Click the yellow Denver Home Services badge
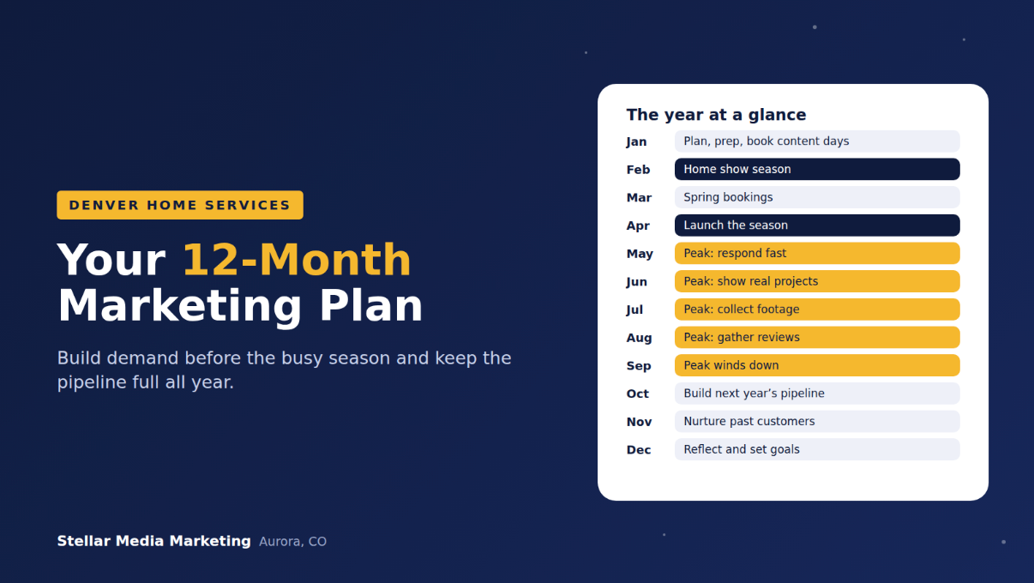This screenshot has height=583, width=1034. click(x=180, y=205)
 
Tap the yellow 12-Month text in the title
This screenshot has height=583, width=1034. click(x=297, y=260)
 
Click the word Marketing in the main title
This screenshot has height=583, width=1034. click(x=179, y=305)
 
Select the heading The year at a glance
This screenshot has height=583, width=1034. click(x=716, y=115)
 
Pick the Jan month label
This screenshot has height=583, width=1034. click(x=636, y=141)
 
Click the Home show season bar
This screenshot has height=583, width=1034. click(x=817, y=170)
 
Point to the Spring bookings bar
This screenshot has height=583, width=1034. click(x=817, y=197)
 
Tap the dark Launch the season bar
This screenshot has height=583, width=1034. click(x=817, y=225)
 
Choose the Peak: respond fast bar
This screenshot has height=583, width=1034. click(x=817, y=254)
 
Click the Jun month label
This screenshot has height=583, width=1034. click(x=636, y=282)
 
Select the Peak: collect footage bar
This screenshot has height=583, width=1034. click(x=817, y=310)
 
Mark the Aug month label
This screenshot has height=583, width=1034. click(x=639, y=338)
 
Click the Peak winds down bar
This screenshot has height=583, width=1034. click(x=817, y=365)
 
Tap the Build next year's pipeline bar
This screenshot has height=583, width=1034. click(x=817, y=394)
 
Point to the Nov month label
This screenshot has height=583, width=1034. click(x=639, y=422)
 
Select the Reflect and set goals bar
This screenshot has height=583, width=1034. click(x=817, y=449)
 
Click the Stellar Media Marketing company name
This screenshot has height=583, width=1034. click(x=153, y=541)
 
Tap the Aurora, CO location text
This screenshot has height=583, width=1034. click(x=292, y=542)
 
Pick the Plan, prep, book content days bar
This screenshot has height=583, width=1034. click(x=817, y=141)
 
